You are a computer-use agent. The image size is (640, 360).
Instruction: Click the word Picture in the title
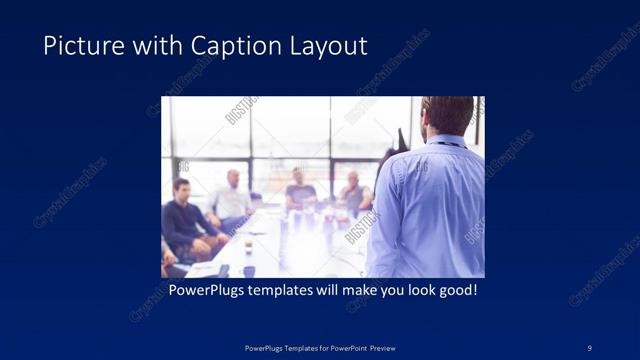75,46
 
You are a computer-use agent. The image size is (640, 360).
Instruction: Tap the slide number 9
589,347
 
